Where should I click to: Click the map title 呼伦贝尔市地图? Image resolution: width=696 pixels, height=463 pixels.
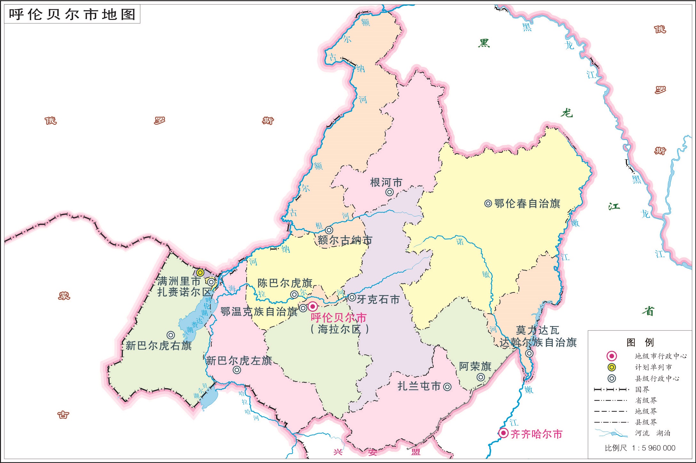coord(72,15)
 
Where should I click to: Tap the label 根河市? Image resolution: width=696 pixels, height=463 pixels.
coord(386,182)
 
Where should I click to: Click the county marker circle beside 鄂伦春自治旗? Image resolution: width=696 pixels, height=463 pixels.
coord(488,203)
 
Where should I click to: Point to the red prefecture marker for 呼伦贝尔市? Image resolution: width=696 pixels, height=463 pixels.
coord(313,307)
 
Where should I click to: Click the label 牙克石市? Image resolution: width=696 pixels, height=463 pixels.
coord(378,299)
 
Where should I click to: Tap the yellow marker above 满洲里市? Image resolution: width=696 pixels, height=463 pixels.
coord(200,273)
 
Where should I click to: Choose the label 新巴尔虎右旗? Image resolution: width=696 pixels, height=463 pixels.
coord(159,346)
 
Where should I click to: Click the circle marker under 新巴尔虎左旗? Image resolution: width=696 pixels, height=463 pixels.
coord(237,370)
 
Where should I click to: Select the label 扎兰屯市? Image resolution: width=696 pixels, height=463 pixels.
coord(419,386)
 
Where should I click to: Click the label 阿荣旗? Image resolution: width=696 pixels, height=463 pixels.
coord(475,366)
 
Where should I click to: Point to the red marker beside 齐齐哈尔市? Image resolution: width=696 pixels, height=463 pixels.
coord(504,433)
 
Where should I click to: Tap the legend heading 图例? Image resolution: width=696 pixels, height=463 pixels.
coord(640,342)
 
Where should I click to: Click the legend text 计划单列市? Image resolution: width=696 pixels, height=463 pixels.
coord(653,367)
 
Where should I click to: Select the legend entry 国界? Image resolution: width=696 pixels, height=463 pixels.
coord(642,390)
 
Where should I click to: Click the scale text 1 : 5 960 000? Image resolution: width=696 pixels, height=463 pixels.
coord(653,448)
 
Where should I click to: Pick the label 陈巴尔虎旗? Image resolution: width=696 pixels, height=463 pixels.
coord(285,283)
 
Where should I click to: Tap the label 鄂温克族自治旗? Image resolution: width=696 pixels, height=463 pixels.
coord(259,311)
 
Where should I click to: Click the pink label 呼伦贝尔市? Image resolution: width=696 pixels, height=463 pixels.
coord(339,318)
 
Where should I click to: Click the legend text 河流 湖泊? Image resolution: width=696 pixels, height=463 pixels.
coord(653,433)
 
